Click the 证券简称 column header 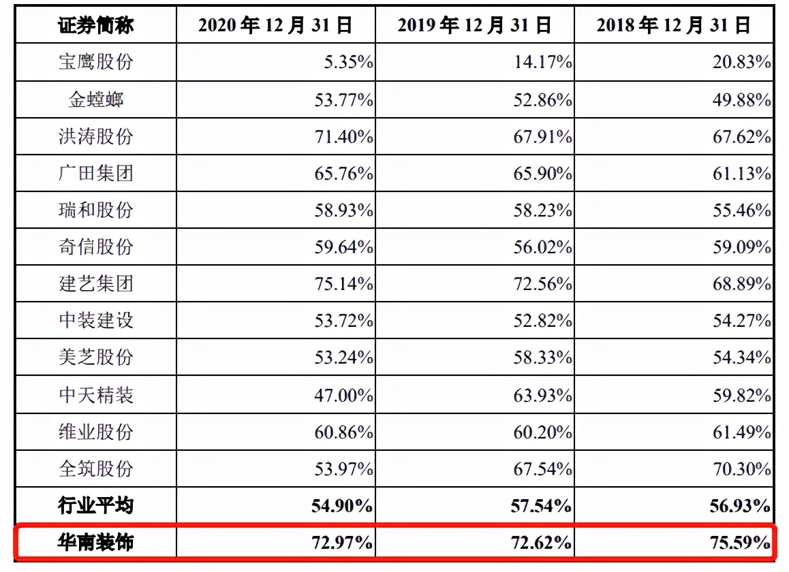pyautogui.click(x=95, y=26)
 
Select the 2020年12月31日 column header pyautogui.click(x=275, y=26)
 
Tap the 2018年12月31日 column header pyautogui.click(x=673, y=26)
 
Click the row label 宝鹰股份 pyautogui.click(x=95, y=63)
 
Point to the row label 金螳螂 pyautogui.click(x=95, y=100)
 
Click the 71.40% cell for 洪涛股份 pyautogui.click(x=343, y=137)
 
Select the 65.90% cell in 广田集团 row pyautogui.click(x=542, y=174)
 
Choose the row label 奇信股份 pyautogui.click(x=95, y=247)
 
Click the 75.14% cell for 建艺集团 pyautogui.click(x=343, y=284)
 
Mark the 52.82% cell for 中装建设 pyautogui.click(x=542, y=321)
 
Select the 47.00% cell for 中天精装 pyautogui.click(x=343, y=395)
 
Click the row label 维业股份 pyautogui.click(x=95, y=432)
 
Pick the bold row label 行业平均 pyautogui.click(x=95, y=506)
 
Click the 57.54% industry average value pyautogui.click(x=542, y=506)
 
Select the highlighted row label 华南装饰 pyautogui.click(x=95, y=543)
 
